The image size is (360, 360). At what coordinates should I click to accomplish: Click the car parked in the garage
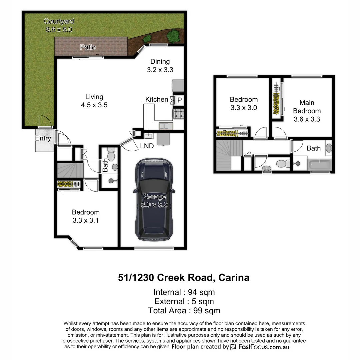coord(154,199)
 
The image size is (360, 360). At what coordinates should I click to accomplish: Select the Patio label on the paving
coord(88,47)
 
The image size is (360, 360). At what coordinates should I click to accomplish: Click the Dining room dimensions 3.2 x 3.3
coord(160,70)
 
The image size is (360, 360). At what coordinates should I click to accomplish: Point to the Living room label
coord(94,97)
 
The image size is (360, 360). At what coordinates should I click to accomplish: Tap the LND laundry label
coord(147,146)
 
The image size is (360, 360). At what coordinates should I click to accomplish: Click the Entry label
coord(43,138)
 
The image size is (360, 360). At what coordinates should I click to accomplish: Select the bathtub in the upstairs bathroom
coord(320,165)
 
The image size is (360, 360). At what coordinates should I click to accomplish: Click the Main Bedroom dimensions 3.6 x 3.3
coord(307,119)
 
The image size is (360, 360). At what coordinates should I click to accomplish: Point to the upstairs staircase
coord(229,155)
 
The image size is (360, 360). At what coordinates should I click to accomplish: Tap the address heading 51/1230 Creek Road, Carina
coord(184,277)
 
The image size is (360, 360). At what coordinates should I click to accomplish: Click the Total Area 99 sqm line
coord(184,311)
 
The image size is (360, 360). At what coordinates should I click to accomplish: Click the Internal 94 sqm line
coord(184,292)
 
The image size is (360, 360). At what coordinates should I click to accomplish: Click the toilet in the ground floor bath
coord(111,155)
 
